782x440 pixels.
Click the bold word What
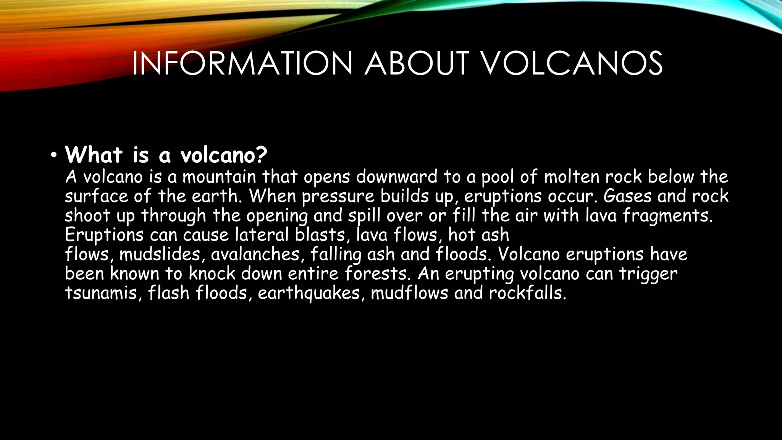[x=94, y=154]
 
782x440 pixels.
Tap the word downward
[x=397, y=177]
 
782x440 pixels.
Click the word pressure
[x=338, y=196]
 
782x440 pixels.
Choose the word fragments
[x=667, y=216]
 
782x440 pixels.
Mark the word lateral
[x=262, y=235]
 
